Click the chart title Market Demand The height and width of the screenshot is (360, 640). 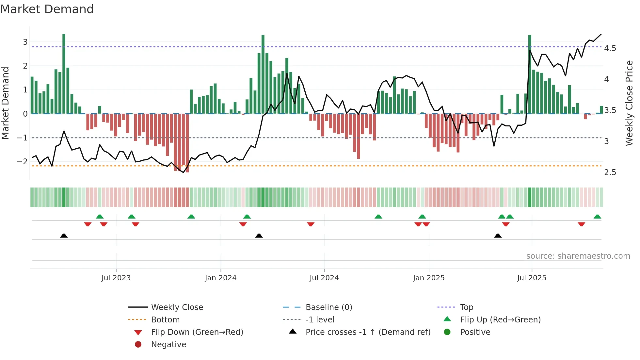click(x=47, y=9)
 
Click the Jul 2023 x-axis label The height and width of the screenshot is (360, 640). click(x=116, y=278)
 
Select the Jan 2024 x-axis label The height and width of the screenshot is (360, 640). click(x=220, y=278)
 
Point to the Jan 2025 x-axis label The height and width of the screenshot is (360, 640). click(x=428, y=278)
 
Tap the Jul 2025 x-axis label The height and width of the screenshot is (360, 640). click(x=531, y=278)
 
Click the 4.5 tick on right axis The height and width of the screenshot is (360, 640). click(x=610, y=48)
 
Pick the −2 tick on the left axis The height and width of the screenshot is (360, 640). click(x=22, y=162)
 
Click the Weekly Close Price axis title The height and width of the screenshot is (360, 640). click(x=629, y=103)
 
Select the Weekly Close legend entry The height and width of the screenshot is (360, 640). click(x=177, y=307)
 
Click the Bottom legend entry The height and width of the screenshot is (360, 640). click(x=165, y=320)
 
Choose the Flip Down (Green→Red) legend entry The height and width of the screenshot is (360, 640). click(x=197, y=332)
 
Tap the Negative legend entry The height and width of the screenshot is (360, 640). click(x=168, y=345)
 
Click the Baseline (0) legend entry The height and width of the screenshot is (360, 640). click(x=328, y=307)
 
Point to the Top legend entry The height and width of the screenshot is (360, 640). click(x=466, y=307)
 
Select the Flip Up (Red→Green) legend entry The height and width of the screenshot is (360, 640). click(x=500, y=320)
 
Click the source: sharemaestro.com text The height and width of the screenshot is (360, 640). click(x=578, y=256)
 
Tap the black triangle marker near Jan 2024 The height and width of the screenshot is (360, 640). click(x=259, y=236)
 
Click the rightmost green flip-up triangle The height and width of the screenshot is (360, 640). click(x=597, y=217)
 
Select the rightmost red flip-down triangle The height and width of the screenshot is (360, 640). click(x=581, y=224)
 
